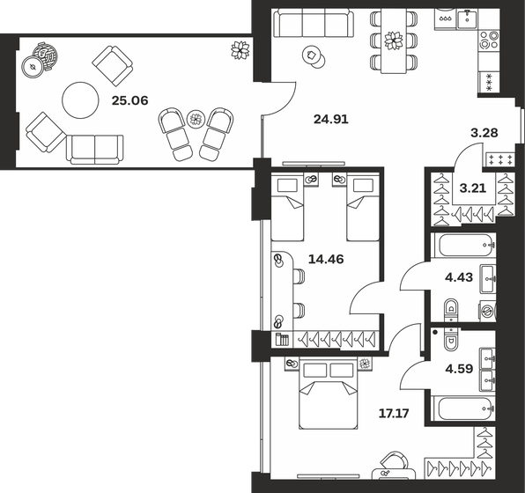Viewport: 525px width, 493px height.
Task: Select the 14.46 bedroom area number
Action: click(326, 260)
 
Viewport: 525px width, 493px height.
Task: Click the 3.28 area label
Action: click(485, 133)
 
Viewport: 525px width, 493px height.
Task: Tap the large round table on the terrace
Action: click(80, 100)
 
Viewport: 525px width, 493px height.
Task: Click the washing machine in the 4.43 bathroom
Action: click(485, 311)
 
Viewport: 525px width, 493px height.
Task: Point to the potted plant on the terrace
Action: click(239, 50)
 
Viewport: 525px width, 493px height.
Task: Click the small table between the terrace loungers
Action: click(196, 120)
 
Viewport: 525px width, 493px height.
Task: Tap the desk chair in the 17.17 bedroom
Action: click(395, 464)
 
